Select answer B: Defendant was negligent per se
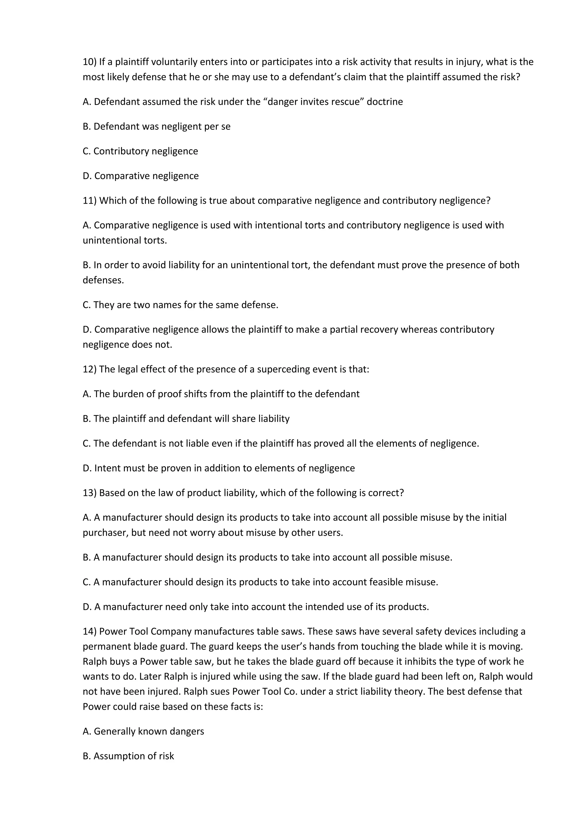pos(157,127)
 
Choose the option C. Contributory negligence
pos(140,151)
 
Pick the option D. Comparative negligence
pos(141,176)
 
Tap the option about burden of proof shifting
pos(221,394)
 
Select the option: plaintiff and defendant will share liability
pos(186,419)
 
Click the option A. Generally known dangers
pos(143,731)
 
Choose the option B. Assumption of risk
pos(128,756)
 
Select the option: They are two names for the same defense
pos(180,305)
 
